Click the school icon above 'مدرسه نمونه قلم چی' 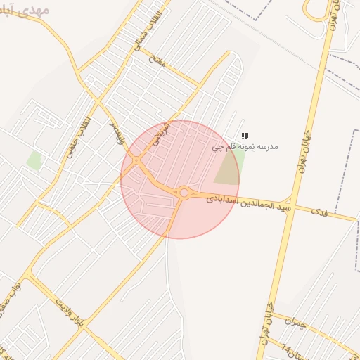(245, 136)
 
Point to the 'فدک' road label (321, 212)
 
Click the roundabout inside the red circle (184, 193)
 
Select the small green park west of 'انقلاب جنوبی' (34, 160)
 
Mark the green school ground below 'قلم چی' (229, 169)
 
